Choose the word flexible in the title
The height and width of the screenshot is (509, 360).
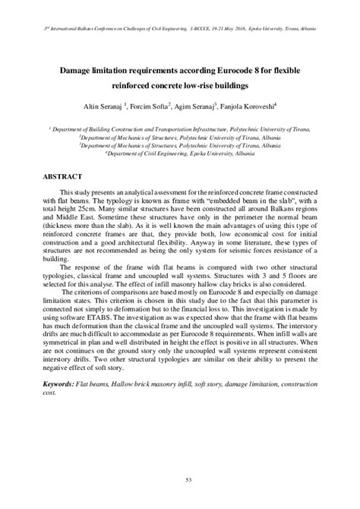pos(295,68)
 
